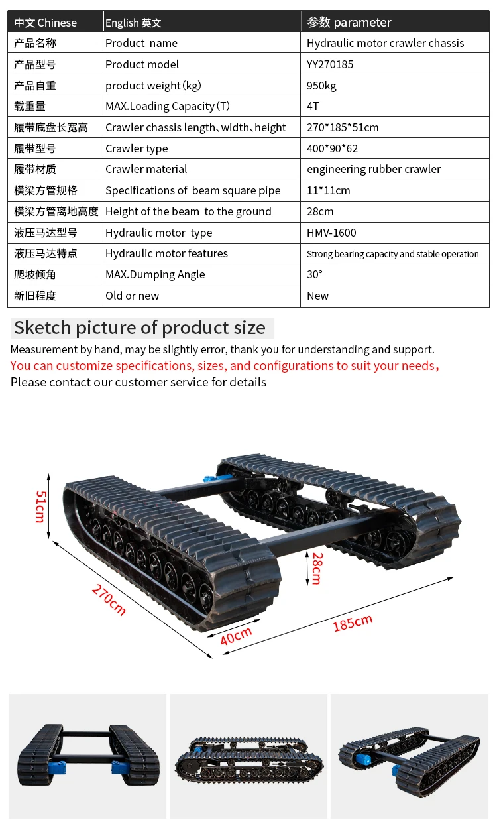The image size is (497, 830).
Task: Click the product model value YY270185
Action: coord(330,64)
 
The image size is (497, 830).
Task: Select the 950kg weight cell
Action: coord(321,86)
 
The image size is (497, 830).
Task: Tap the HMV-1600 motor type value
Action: coord(331,233)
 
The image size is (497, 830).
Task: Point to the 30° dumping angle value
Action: coord(315,274)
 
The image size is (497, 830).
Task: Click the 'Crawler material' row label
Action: coord(146,169)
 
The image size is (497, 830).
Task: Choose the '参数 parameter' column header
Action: coord(349,23)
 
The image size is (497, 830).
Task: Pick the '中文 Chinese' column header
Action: coord(46,23)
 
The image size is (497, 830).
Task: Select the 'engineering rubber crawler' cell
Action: coord(374,169)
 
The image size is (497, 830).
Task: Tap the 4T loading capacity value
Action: coord(313,106)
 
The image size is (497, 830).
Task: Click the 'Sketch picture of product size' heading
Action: coord(140,327)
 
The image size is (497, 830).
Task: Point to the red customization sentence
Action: coord(225,365)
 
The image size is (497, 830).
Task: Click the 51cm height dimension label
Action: coord(40,506)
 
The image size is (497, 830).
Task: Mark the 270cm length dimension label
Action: coord(109,599)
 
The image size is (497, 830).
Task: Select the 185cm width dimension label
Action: coord(353,622)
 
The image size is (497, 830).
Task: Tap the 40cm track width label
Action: coord(237,636)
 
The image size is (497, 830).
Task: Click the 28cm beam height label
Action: coord(317,568)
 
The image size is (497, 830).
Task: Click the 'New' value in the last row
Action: coord(318,296)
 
